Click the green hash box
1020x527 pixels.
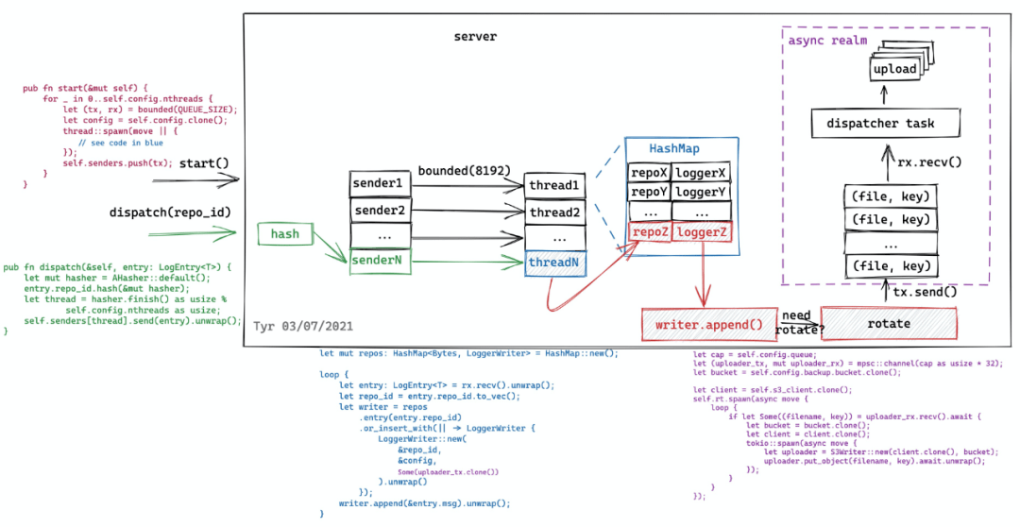pos(284,232)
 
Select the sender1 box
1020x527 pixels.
pos(377,182)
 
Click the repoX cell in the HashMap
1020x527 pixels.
pos(650,174)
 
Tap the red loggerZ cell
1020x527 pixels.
pos(703,232)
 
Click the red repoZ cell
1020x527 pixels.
pos(650,232)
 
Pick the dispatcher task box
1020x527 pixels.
pos(886,124)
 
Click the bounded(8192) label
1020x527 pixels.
pos(465,171)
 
